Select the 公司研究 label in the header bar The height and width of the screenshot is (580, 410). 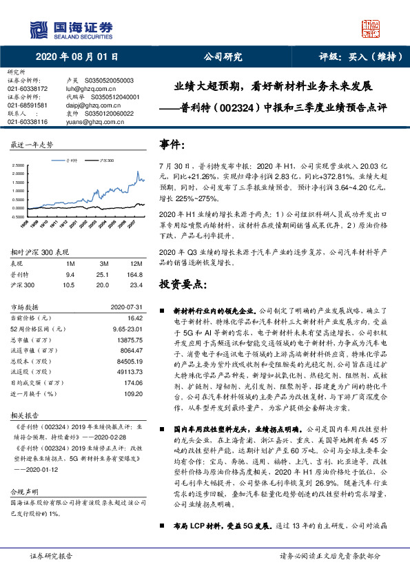pyautogui.click(x=218, y=58)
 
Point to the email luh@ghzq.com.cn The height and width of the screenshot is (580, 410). pyautogui.click(x=85, y=89)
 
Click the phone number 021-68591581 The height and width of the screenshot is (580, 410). pyautogui.click(x=27, y=105)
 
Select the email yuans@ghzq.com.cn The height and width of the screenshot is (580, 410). pyautogui.click(x=90, y=122)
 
